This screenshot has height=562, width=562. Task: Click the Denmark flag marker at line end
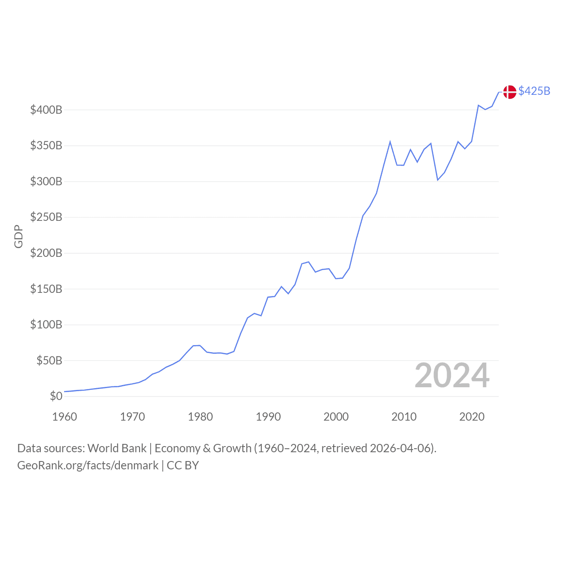(x=509, y=92)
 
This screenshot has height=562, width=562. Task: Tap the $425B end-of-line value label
(x=534, y=91)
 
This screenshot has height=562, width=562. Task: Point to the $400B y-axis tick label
(x=46, y=110)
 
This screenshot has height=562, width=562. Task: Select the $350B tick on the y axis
(x=46, y=145)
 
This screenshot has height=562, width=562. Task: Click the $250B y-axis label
(x=46, y=217)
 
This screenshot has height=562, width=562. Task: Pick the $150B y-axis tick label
(x=46, y=289)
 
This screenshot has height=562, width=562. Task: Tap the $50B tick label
(x=49, y=360)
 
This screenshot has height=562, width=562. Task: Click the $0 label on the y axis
(x=56, y=396)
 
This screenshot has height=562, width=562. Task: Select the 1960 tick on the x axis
(x=65, y=417)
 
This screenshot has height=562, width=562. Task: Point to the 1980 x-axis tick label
(x=200, y=417)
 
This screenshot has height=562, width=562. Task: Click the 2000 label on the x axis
(x=336, y=417)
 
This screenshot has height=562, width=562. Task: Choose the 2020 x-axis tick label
(x=472, y=417)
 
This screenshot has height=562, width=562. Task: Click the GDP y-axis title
(x=18, y=236)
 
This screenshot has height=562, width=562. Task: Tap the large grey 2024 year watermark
(x=452, y=375)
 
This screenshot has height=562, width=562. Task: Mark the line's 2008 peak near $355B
(x=390, y=142)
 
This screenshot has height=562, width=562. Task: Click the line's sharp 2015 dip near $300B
(x=438, y=180)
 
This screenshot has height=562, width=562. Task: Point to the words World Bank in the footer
(x=117, y=448)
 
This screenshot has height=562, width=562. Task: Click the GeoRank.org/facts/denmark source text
(x=88, y=465)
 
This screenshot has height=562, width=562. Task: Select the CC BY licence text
(x=183, y=465)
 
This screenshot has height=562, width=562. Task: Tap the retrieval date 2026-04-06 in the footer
(x=401, y=448)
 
